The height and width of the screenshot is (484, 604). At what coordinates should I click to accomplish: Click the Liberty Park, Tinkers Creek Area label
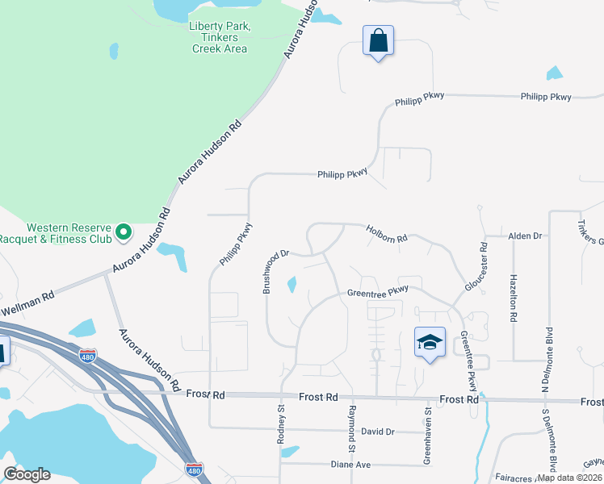coord(219,37)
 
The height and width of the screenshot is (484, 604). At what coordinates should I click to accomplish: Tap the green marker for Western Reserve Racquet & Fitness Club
coord(124,233)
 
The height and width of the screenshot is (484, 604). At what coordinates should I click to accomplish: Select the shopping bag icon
coord(378,40)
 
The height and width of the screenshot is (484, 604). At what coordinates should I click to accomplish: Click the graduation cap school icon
coord(430,342)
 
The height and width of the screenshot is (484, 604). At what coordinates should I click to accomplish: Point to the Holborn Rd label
coord(387,234)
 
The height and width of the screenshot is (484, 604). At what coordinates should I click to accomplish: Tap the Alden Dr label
coord(524,236)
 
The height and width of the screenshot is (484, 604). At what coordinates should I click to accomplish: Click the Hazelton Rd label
coord(512,298)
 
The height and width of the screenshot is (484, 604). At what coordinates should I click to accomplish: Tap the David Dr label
coord(377,432)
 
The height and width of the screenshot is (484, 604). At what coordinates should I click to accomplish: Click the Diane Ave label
coord(350,465)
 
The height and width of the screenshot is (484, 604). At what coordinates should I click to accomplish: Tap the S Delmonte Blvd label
coord(552,442)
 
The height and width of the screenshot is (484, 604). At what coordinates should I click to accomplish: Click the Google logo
coord(27,474)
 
